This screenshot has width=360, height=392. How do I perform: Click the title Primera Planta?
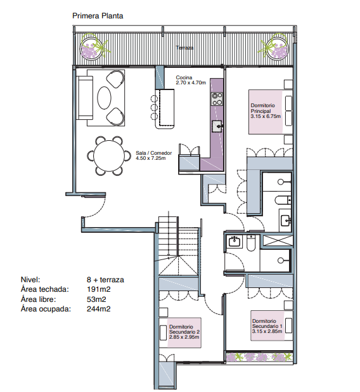pos(98,16)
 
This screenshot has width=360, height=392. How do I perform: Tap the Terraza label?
pos(184,48)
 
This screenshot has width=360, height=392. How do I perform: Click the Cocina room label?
pos(184,77)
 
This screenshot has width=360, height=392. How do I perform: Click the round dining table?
pos(109,156)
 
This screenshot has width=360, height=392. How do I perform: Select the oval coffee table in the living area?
pos(104,98)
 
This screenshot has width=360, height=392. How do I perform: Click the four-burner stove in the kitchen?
pos(217,99)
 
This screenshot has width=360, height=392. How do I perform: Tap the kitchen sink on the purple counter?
pos(217,126)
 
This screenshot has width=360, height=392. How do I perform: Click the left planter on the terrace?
pos(93,48)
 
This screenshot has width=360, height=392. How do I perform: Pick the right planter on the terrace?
pos(276,48)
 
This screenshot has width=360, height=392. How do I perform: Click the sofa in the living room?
pos(85,98)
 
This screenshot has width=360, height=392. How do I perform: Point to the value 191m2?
pos(99,289)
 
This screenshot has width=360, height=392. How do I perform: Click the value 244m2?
pos(99,309)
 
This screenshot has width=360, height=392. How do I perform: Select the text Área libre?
pos(39,299)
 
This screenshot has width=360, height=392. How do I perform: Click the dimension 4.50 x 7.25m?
pos(151,158)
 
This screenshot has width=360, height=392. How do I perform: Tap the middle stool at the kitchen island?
pos(154,107)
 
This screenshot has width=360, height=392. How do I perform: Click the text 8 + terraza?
pos(105,280)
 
